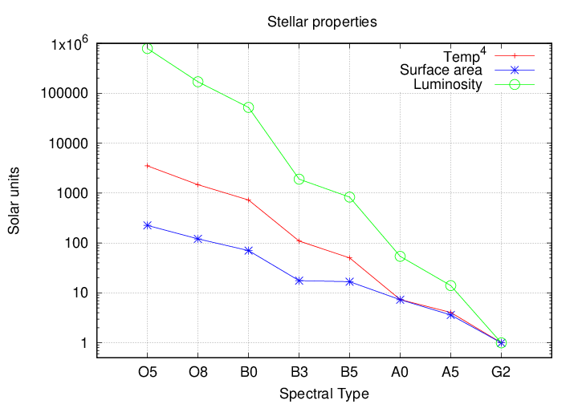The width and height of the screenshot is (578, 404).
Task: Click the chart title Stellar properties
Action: tap(322, 22)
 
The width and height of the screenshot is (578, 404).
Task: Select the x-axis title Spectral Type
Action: tap(324, 394)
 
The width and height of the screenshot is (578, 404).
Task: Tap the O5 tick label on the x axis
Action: tap(148, 373)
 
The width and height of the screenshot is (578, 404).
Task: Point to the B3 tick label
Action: tap(299, 373)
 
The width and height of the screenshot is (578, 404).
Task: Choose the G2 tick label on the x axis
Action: tap(501, 373)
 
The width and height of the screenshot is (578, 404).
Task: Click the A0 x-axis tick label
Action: tap(400, 373)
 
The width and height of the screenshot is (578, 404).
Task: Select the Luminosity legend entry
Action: tap(447, 84)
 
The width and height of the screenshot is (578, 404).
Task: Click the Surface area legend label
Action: tap(441, 71)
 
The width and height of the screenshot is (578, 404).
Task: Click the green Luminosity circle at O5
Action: tap(148, 48)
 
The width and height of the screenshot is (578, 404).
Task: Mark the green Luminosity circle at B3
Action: tap(299, 179)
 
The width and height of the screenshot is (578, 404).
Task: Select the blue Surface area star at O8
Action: tap(197, 239)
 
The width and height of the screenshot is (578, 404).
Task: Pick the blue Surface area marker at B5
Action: tap(349, 281)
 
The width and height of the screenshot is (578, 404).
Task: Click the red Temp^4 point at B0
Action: tap(248, 200)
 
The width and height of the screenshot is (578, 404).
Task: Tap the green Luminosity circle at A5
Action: tap(450, 286)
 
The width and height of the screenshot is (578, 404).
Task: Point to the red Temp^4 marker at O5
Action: tap(148, 166)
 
